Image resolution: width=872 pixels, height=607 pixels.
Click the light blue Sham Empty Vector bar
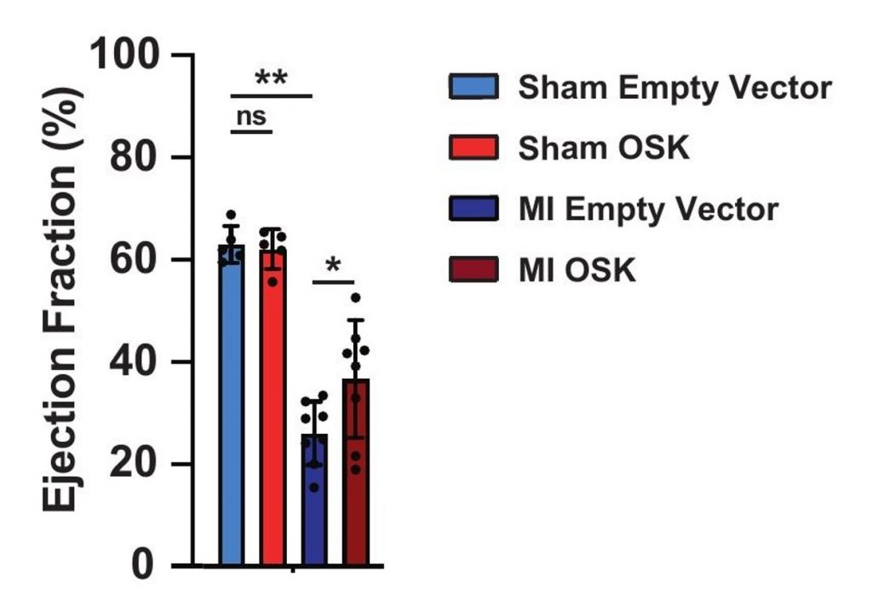coord(232,405)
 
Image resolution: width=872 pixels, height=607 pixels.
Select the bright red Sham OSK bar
coord(272,408)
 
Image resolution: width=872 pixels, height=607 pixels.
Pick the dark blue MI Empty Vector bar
coord(314,500)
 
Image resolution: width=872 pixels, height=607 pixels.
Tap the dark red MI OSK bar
coord(356,472)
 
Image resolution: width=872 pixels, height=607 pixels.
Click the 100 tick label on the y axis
coord(124,55)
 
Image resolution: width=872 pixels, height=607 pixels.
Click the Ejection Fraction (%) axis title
coord(61,298)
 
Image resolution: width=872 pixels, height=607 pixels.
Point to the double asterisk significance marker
coord(271,78)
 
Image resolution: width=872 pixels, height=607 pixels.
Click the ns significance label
coord(251,117)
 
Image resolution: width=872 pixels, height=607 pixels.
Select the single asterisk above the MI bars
coord(333,266)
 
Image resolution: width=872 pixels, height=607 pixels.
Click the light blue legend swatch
coord(473,86)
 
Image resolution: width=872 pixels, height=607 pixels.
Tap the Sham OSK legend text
coord(604,148)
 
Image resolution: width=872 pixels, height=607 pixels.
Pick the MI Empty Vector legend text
coord(648,210)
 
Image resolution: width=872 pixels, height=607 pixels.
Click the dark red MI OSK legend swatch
coord(473,269)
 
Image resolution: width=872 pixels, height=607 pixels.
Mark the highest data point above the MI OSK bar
coord(356,298)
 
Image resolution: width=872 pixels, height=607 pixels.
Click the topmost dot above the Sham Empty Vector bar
coord(232,215)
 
